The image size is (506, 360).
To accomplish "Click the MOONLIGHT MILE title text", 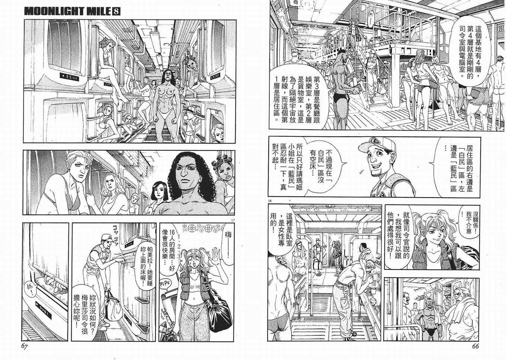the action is [68, 11].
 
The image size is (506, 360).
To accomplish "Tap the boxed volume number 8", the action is [116, 11].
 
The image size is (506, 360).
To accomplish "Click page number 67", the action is [25, 347].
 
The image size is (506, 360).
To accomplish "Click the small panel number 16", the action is [269, 201].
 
